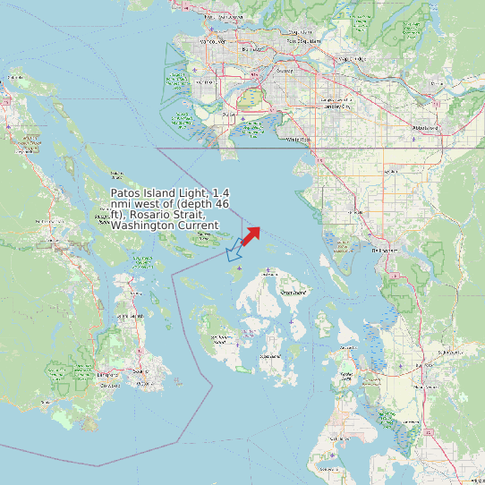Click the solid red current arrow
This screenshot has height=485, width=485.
[x=251, y=235]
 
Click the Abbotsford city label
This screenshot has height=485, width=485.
[x=425, y=128]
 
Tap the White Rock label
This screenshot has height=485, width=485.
[x=298, y=140]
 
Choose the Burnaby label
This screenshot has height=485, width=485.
[x=253, y=50]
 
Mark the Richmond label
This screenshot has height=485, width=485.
[x=204, y=82]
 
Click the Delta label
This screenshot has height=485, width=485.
[x=227, y=115]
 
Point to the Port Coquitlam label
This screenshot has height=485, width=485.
[x=302, y=40]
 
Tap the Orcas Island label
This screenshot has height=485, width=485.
[x=293, y=293]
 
